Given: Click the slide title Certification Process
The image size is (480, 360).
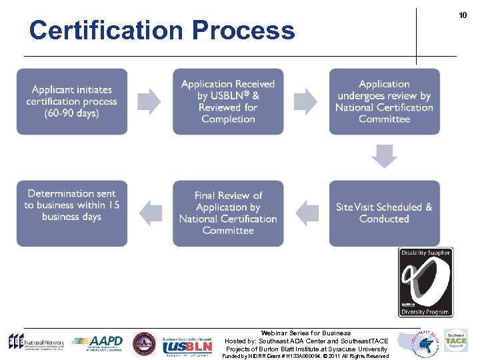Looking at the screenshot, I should click(161, 31).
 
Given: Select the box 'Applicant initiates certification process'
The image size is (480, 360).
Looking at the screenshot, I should click(72, 101).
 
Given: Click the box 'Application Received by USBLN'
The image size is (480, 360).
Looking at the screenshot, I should click(228, 101).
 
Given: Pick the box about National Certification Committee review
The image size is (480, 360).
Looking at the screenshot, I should click(384, 101).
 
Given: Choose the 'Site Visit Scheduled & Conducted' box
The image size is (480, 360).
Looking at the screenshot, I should click(384, 213).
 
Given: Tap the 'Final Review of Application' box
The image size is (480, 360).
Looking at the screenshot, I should click(228, 213).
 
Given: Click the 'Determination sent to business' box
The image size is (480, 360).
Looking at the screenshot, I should click(72, 213).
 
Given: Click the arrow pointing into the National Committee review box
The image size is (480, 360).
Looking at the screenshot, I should click(306, 101).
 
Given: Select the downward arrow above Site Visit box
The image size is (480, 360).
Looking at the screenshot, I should click(385, 157).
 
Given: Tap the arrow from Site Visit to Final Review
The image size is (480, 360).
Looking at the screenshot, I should click(306, 213).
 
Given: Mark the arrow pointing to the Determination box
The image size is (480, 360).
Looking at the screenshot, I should click(151, 213).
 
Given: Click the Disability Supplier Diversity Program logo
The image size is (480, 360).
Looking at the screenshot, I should click(425, 281).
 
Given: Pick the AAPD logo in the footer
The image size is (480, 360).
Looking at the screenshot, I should click(98, 343).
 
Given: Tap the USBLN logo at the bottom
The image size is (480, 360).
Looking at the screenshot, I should click(189, 343).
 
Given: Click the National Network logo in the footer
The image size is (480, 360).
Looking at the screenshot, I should click(32, 343).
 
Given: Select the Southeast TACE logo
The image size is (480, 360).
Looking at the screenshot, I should click(456, 341).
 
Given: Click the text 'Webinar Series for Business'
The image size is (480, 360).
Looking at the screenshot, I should click(306, 333).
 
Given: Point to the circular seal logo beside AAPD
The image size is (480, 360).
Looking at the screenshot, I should click(144, 343).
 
